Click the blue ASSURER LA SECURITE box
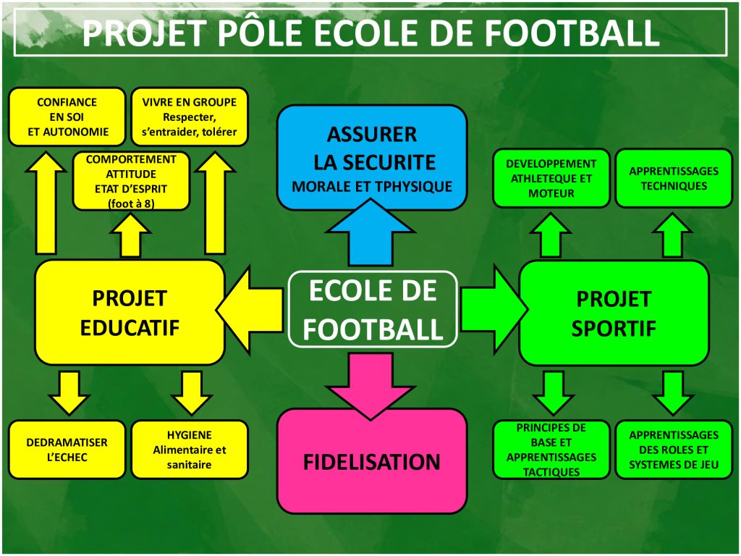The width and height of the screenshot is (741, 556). (x=372, y=157)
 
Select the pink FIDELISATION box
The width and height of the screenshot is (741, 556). (x=372, y=461)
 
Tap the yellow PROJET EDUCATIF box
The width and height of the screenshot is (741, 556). (x=130, y=313)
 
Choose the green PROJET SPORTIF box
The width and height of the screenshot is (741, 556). (x=614, y=313)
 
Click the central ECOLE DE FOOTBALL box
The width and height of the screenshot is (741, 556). (x=373, y=309)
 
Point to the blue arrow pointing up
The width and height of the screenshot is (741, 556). (x=371, y=232)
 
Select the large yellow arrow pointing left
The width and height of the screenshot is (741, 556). (x=250, y=310)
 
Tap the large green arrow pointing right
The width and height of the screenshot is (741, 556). (x=495, y=309)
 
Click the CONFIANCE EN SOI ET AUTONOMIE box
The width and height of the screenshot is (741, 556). (x=67, y=117)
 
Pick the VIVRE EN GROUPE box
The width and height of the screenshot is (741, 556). (x=189, y=117)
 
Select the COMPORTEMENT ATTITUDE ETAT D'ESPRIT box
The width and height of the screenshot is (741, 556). (x=131, y=181)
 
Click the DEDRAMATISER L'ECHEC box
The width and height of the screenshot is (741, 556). (x=67, y=450)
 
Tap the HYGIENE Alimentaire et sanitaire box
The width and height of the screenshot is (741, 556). (x=189, y=450)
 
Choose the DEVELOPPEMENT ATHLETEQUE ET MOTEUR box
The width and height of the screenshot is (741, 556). (x=551, y=178)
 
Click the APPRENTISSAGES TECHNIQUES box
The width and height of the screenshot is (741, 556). (x=674, y=178)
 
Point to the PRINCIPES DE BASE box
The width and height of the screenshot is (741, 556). (x=551, y=450)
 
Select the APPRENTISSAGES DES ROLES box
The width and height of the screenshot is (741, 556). (x=674, y=450)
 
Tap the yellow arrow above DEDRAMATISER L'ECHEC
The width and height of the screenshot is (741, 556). (x=69, y=393)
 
